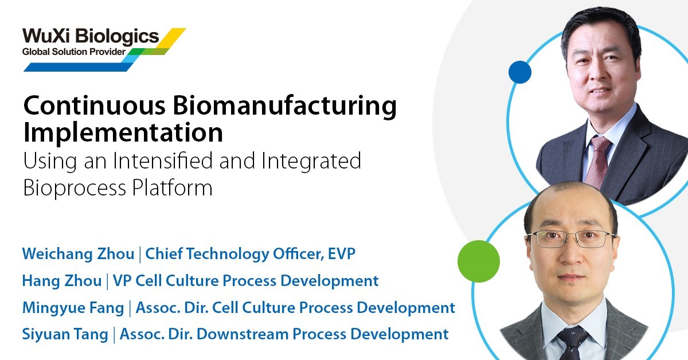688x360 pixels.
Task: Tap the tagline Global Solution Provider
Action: pos(74,52)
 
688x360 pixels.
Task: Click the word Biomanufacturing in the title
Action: pos(284,106)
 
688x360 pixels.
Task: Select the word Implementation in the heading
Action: pos(123,132)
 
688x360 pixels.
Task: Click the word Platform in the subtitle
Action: pos(173,187)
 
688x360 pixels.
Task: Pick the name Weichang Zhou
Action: pos(79,254)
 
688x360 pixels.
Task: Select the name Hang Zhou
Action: pos(62,281)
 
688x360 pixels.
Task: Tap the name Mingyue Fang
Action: pos(73,308)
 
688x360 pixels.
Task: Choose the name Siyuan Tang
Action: pos(65,335)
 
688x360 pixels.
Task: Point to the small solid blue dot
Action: pos(520,72)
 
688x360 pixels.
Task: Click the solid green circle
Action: pos(479,261)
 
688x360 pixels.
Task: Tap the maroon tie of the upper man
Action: pos(597,161)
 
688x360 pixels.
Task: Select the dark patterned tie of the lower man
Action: pos(573,342)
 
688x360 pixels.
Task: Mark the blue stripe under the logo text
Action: pos(80,67)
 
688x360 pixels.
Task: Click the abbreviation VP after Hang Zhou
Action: pos(122,281)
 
